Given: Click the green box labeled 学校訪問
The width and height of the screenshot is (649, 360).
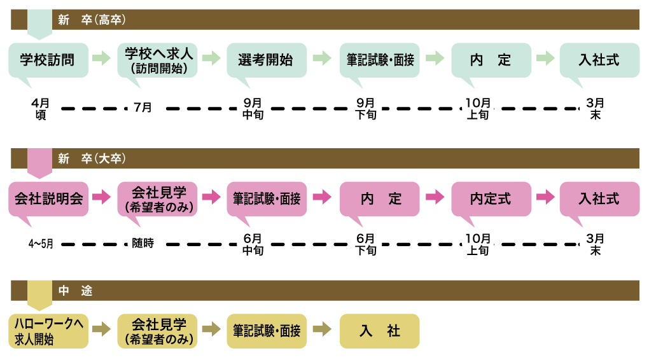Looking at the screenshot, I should tap(48, 60).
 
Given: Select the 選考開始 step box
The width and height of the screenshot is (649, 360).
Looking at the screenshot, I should tap(266, 60).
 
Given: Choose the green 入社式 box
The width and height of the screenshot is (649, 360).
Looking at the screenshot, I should tap(599, 60).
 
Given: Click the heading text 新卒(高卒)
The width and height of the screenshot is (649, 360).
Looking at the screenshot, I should tap(92, 20).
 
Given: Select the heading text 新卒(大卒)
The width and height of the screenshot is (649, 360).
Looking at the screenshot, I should tap(92, 159).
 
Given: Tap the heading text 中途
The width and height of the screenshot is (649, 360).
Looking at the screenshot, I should tap(76, 291).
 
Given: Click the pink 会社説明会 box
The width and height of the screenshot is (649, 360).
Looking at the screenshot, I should tap(48, 198).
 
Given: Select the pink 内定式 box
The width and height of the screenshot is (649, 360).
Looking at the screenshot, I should tap(490, 198).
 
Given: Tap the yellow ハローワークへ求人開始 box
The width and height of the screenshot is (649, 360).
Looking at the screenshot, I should tap(48, 331).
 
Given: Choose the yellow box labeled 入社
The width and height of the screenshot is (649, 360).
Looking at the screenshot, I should tap(379, 331).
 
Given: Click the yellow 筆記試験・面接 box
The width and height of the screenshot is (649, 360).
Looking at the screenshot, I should tap(266, 331).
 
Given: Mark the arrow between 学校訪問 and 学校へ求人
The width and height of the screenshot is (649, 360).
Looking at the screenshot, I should tap(102, 59).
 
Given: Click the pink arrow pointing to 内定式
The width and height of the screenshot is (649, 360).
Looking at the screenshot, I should tap(435, 198).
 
